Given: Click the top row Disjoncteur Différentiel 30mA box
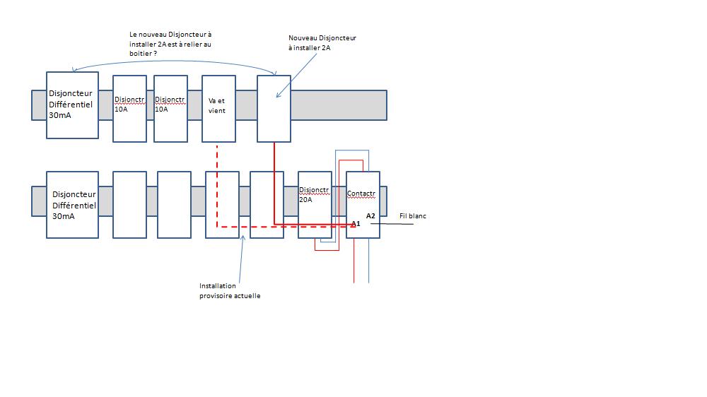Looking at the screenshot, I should pyautogui.click(x=72, y=105).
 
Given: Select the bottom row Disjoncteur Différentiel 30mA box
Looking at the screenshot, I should pyautogui.click(x=72, y=204).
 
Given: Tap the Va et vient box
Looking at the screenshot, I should pyautogui.click(x=218, y=108).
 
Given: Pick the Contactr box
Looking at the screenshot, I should pyautogui.click(x=363, y=205).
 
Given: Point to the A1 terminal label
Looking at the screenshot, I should pyautogui.click(x=356, y=224).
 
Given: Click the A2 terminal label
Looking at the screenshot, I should pyautogui.click(x=370, y=215).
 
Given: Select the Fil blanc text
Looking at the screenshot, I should pyautogui.click(x=413, y=216).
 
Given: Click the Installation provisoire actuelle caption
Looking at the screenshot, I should pyautogui.click(x=230, y=291).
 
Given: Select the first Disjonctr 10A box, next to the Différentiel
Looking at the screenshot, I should pyautogui.click(x=129, y=108).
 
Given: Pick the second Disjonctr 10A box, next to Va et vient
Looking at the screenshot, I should pyautogui.click(x=170, y=108).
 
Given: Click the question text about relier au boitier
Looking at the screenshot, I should pyautogui.click(x=170, y=43).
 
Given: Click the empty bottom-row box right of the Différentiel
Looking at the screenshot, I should pyautogui.click(x=129, y=204).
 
